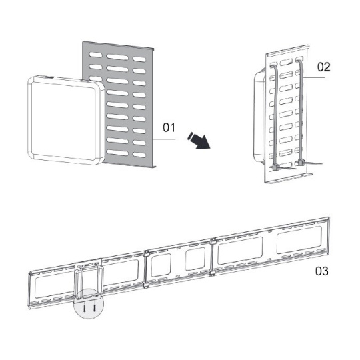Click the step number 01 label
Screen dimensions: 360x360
[169, 127]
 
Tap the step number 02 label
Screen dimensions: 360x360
[323, 67]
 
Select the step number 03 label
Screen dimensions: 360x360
[321, 271]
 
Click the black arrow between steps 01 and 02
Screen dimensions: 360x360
[199, 140]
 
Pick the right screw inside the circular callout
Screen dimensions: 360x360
[95, 308]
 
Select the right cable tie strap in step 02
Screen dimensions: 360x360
[301, 109]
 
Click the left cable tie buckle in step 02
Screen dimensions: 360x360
[275, 168]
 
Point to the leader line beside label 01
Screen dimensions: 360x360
[165, 139]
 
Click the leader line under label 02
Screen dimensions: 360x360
[314, 78]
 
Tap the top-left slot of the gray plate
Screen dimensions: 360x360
[95, 55]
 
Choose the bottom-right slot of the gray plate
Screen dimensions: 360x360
[139, 155]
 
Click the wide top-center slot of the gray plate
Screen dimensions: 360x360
[117, 57]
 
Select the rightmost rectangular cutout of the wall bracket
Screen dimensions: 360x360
[299, 240]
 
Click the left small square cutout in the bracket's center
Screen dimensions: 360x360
[161, 265]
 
